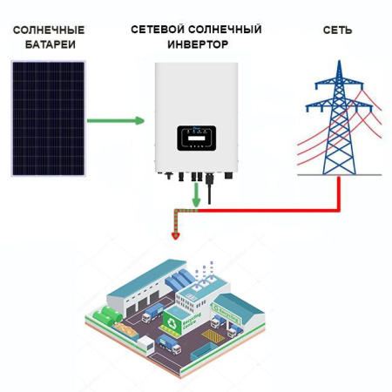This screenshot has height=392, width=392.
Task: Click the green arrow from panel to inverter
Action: pos(118,120)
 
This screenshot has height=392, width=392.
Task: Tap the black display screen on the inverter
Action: pos(196,138)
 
